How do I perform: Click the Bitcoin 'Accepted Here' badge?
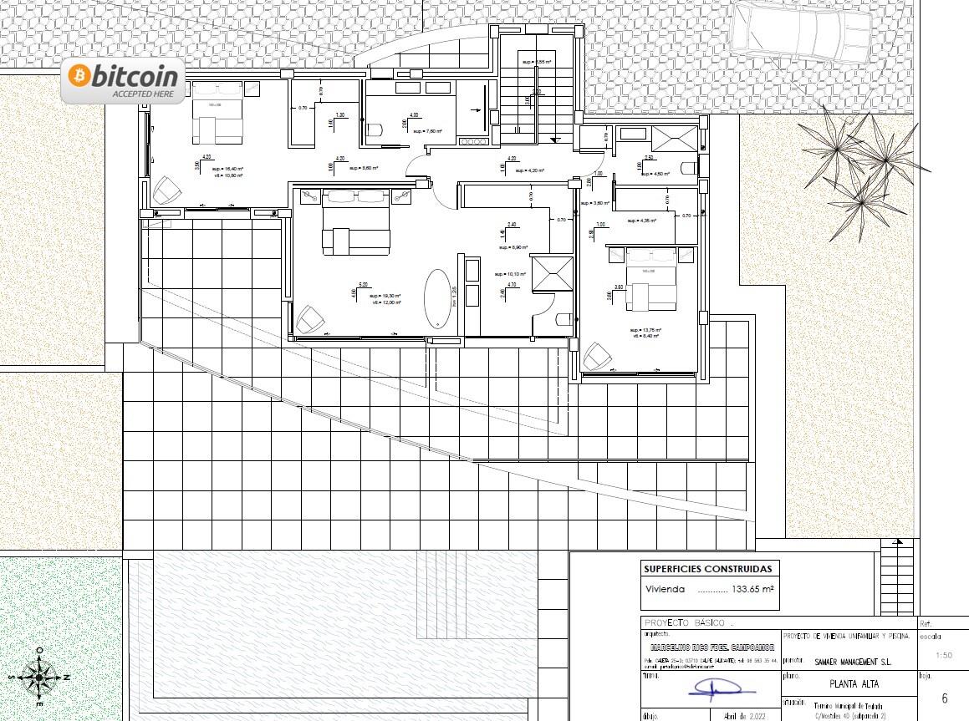[123, 82]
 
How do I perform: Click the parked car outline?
[803, 33]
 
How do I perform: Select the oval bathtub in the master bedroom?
[438, 299]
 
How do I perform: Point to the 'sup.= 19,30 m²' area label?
[387, 297]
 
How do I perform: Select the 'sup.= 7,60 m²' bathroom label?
[426, 131]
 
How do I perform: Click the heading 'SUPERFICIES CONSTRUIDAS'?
[707, 570]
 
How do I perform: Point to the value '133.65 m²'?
[752, 589]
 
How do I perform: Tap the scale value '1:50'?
[944, 656]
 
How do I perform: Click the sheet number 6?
[944, 698]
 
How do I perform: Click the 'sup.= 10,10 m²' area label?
[509, 274]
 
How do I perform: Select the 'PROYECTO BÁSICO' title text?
[686, 623]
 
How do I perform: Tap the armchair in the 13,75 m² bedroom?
[597, 357]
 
